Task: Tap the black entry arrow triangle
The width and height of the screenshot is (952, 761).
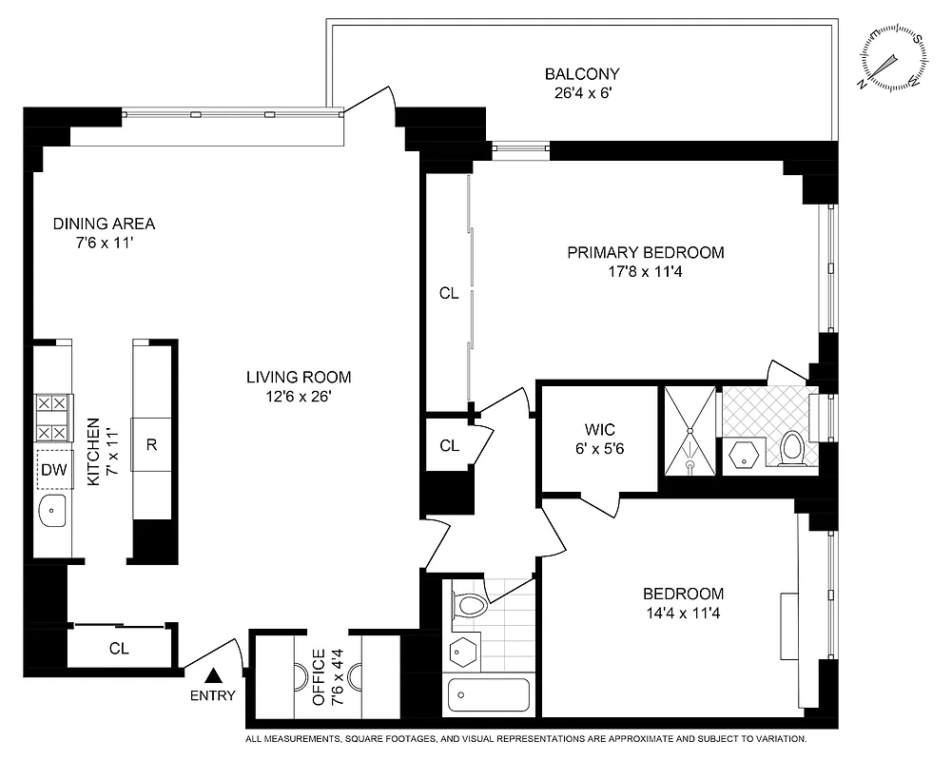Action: [x=215, y=675]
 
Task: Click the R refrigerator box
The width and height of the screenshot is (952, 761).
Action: [x=151, y=443]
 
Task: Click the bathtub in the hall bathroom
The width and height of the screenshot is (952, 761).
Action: [x=489, y=696]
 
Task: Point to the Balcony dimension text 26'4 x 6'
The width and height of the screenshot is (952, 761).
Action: [x=582, y=93]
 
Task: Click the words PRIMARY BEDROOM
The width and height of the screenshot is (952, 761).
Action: [x=646, y=253]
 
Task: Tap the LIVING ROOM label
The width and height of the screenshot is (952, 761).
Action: [x=299, y=377]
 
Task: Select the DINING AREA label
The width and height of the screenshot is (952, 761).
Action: [x=104, y=224]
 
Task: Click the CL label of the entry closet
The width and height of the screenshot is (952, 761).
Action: [x=119, y=649]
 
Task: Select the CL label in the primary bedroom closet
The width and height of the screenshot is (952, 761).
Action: [x=449, y=294]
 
